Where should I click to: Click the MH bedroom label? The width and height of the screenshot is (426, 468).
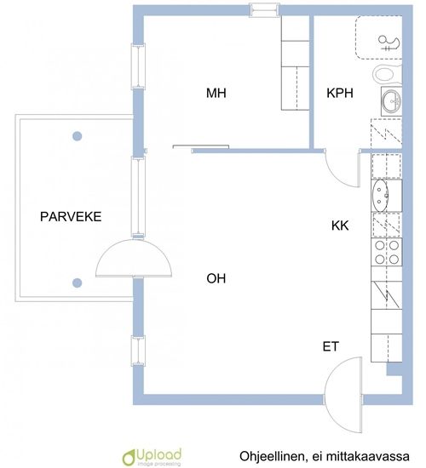(x=216, y=93)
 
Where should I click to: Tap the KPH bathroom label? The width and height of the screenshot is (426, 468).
(x=340, y=93)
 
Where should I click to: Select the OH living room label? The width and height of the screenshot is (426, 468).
(x=216, y=278)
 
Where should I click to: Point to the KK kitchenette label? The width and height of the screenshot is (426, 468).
(x=340, y=225)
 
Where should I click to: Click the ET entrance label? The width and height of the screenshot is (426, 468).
(x=331, y=346)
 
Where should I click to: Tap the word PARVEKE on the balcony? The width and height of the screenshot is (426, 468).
(x=71, y=216)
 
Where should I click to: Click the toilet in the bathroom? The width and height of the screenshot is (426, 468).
(x=387, y=73)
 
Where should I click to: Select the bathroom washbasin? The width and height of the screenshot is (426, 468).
(x=392, y=101)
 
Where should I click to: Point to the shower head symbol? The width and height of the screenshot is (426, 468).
(x=389, y=43)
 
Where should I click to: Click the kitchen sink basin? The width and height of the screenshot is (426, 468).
(x=380, y=195)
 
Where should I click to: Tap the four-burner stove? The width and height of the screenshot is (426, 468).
(x=387, y=252)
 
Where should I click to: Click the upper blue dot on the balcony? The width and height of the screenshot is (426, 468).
(x=78, y=136)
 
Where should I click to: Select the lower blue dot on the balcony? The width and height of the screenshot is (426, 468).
(x=78, y=283)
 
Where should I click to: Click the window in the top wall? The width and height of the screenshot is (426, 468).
(x=264, y=10)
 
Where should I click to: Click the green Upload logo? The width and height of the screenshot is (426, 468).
(x=153, y=456)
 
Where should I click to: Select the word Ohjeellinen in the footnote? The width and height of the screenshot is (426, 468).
(x=273, y=456)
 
